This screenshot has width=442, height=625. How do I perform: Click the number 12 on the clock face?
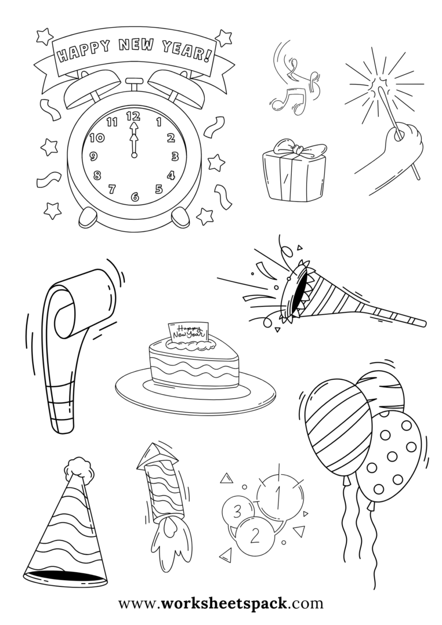[x=134, y=115]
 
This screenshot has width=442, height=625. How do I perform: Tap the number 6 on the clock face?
[x=135, y=197]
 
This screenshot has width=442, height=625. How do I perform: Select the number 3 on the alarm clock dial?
[x=175, y=156]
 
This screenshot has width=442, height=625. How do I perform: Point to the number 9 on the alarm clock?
[x=93, y=157]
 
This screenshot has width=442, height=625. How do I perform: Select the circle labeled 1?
[x=279, y=493]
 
